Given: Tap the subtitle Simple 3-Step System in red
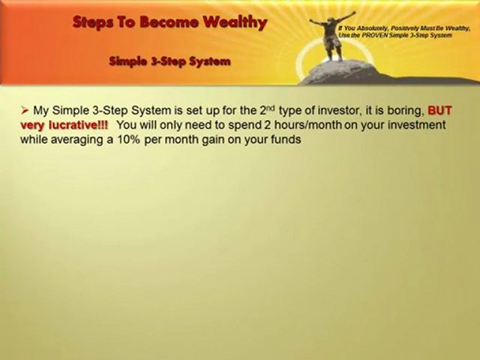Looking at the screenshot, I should click(169, 61).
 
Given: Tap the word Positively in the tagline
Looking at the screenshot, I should click(409, 26).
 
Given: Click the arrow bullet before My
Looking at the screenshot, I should click(24, 110).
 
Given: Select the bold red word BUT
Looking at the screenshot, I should click(439, 110).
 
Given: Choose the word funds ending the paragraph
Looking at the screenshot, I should click(285, 139).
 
